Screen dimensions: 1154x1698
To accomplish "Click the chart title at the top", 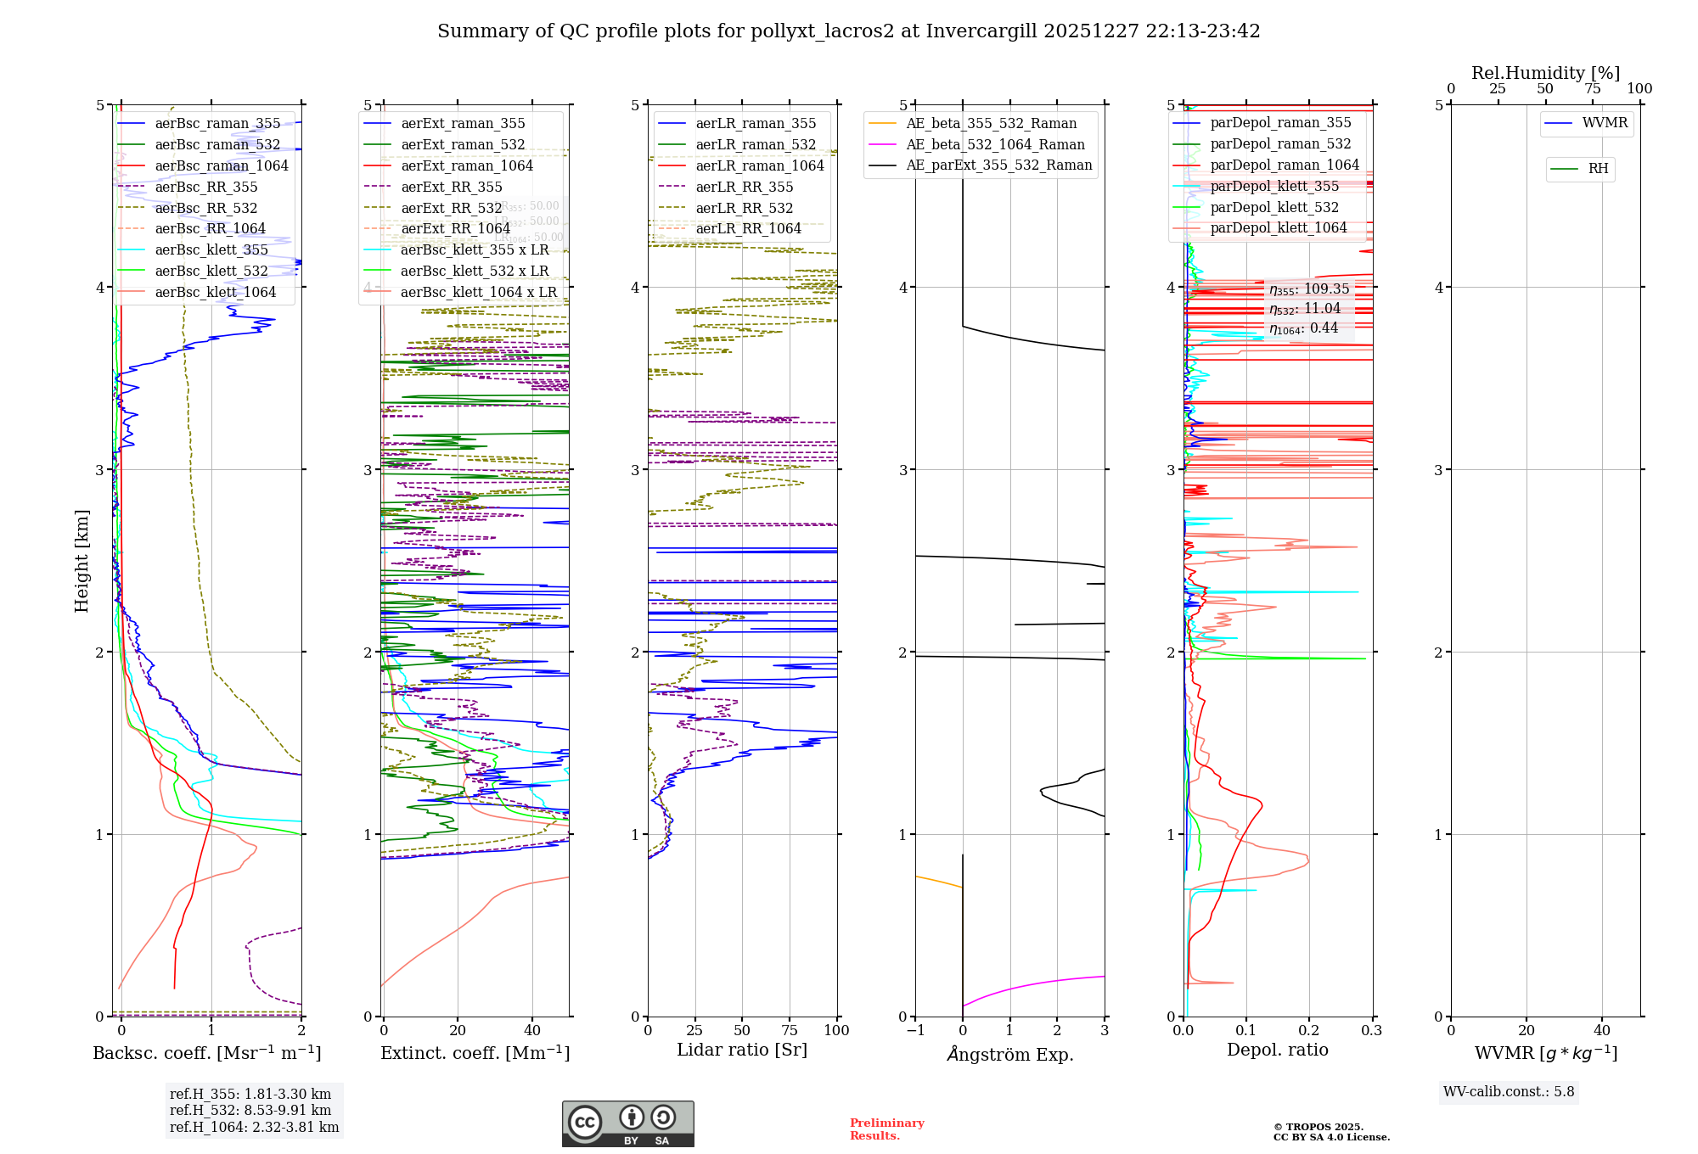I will (848, 31).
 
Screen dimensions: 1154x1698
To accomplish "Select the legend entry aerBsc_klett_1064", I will (215, 292).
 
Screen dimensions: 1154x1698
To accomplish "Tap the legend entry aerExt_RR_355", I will (451, 187).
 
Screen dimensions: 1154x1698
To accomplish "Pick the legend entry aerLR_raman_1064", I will (759, 165).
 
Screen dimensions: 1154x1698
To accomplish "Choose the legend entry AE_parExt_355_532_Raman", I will (998, 165).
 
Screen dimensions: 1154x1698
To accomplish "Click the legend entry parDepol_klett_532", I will (1273, 207).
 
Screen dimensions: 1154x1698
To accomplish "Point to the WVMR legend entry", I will (1604, 123).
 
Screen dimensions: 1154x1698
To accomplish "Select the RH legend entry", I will (1597, 169).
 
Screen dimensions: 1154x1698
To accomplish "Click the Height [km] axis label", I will (82, 560).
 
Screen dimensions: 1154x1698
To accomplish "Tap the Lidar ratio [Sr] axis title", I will (741, 1050).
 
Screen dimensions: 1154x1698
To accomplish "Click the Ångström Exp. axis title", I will (1009, 1054).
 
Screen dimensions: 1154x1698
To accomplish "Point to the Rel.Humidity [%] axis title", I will (1545, 73).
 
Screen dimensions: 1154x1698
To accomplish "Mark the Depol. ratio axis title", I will (1277, 1050).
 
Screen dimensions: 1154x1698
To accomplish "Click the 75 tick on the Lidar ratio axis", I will (790, 1030).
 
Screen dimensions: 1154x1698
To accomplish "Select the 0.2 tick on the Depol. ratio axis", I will (1309, 1030).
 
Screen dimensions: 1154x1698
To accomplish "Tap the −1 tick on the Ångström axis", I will (914, 1030).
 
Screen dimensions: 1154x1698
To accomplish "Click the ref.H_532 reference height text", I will (250, 1110).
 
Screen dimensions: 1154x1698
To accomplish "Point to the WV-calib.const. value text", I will (1508, 1091).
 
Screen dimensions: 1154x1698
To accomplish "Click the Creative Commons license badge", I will (627, 1123).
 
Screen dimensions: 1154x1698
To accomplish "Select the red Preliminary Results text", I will (886, 1129).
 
